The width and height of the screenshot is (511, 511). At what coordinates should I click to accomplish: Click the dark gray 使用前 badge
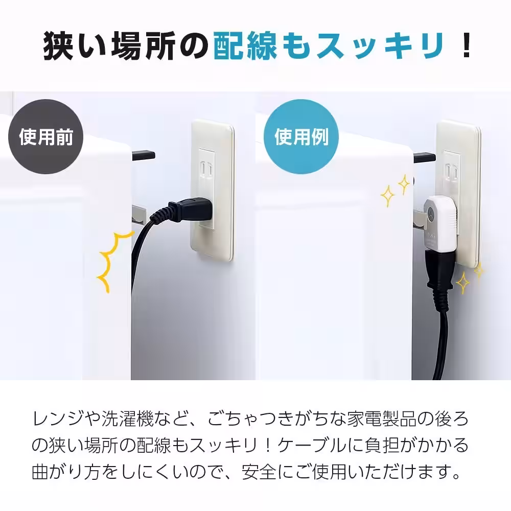pyautogui.click(x=46, y=136)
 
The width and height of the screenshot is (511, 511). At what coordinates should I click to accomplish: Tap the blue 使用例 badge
pyautogui.click(x=301, y=136)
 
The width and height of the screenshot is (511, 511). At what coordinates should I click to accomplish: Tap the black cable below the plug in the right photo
pyautogui.click(x=440, y=347)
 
